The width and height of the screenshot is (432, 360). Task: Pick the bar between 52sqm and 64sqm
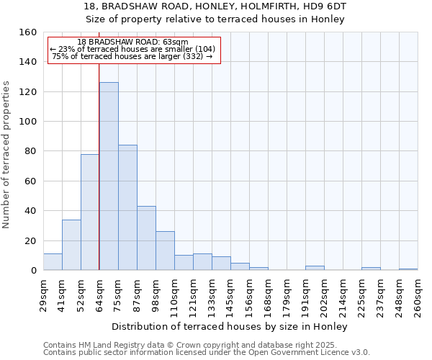[90, 212]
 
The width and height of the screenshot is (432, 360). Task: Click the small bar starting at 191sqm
[315, 268]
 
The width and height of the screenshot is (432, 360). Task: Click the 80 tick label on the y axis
[30, 151]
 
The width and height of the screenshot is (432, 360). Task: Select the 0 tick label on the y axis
[33, 271]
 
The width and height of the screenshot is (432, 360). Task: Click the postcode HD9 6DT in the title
[328, 6]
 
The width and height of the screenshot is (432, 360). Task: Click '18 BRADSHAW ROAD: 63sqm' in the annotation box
[132, 42]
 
